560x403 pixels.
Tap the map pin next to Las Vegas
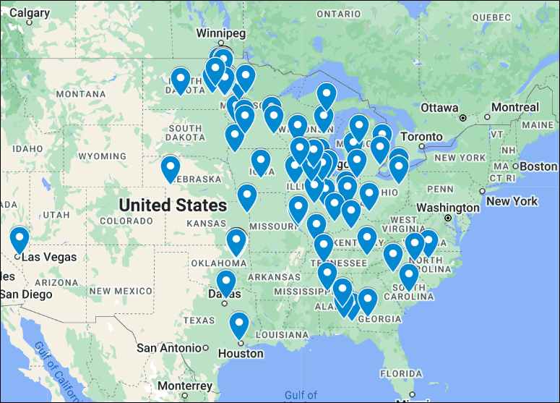click(x=20, y=239)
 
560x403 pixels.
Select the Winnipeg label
click(x=222, y=33)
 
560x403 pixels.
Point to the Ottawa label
click(x=439, y=107)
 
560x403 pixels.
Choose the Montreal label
click(x=515, y=107)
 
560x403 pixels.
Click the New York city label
click(x=512, y=200)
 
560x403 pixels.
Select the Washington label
click(x=448, y=208)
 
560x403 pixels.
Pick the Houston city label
click(x=241, y=353)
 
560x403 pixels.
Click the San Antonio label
click(x=168, y=347)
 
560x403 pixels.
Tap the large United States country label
click(x=173, y=205)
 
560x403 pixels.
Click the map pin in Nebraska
click(x=170, y=167)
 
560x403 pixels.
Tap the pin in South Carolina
click(x=409, y=276)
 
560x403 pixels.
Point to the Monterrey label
click(x=185, y=386)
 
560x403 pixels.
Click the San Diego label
click(x=26, y=294)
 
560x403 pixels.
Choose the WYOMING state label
click(x=102, y=156)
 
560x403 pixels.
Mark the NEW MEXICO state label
click(x=120, y=291)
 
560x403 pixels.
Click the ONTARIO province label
click(x=338, y=14)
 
